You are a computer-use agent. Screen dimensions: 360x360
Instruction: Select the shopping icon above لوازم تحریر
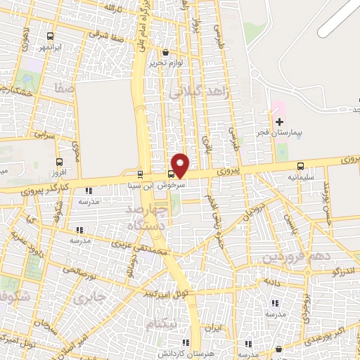165,52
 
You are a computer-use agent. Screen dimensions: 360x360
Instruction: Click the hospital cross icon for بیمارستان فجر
279,122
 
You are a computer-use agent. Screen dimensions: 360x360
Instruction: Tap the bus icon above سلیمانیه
301,167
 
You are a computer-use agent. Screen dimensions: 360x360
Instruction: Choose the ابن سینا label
140,186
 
